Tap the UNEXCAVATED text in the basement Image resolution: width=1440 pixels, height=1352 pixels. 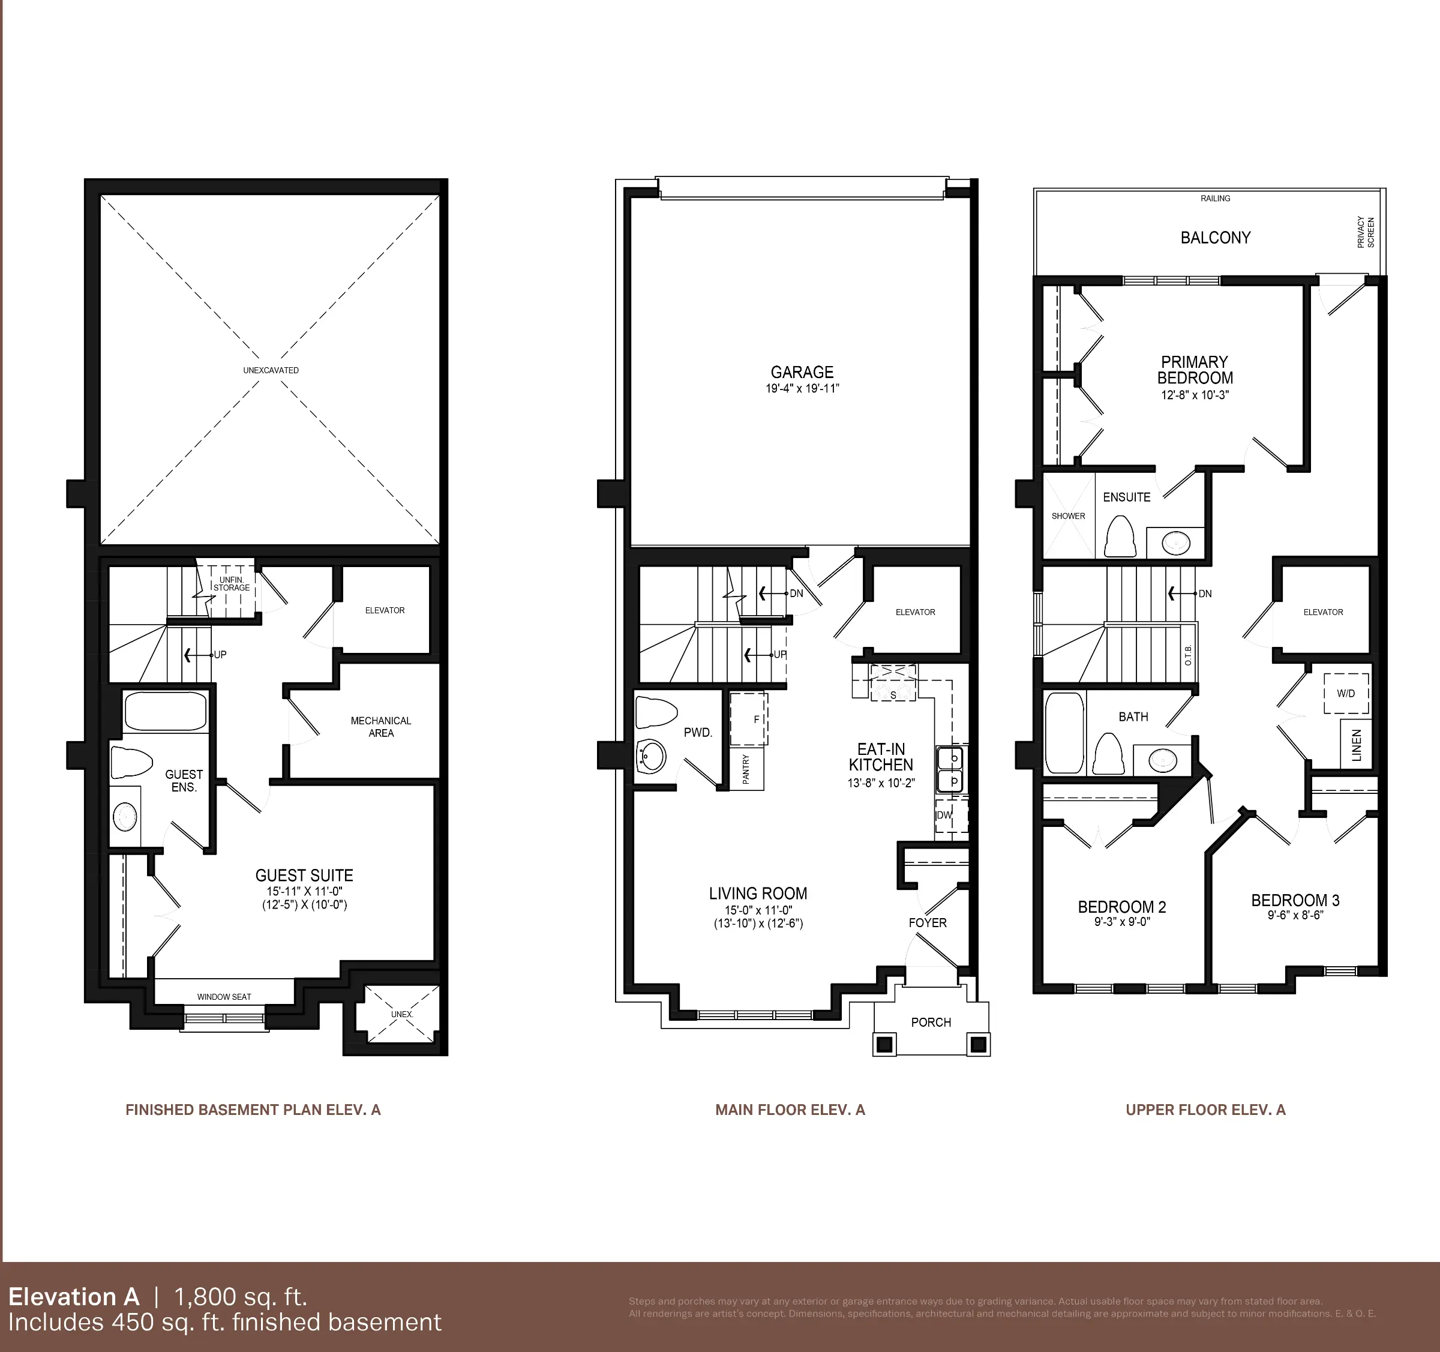tap(271, 370)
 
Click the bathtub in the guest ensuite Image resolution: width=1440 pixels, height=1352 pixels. tap(165, 711)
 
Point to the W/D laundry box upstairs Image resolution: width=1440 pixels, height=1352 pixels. tap(1346, 693)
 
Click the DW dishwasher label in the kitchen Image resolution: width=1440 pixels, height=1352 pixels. tap(944, 815)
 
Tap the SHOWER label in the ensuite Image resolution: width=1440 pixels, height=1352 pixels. tap(1069, 516)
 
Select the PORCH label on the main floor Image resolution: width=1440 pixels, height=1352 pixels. tap(931, 1023)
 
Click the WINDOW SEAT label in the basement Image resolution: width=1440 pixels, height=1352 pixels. tap(224, 997)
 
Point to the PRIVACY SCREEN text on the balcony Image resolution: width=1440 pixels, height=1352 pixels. tap(1366, 232)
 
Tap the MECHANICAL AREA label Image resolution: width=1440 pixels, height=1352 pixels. tap(381, 727)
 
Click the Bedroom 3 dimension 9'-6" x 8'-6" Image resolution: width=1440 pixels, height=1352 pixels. tap(1295, 915)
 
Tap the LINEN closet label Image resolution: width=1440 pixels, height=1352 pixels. tap(1357, 745)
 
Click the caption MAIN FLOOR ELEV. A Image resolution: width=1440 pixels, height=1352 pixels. tap(790, 1110)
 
